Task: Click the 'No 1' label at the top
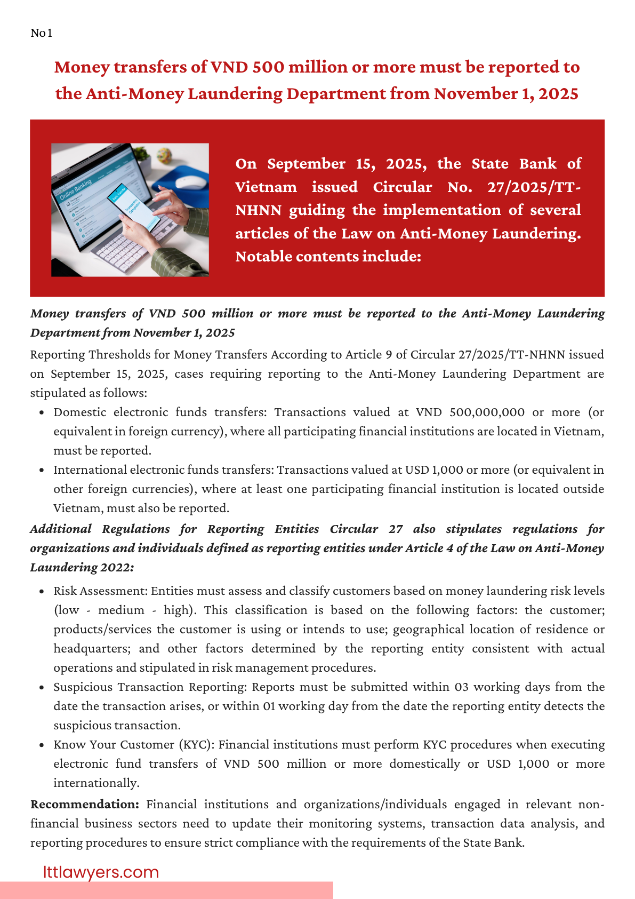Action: coord(41,33)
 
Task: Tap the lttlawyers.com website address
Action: coord(101,872)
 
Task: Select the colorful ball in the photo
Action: coord(164,155)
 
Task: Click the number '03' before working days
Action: coord(462,687)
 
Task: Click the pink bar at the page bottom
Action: coord(166,890)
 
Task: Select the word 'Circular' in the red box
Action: coord(402,187)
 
